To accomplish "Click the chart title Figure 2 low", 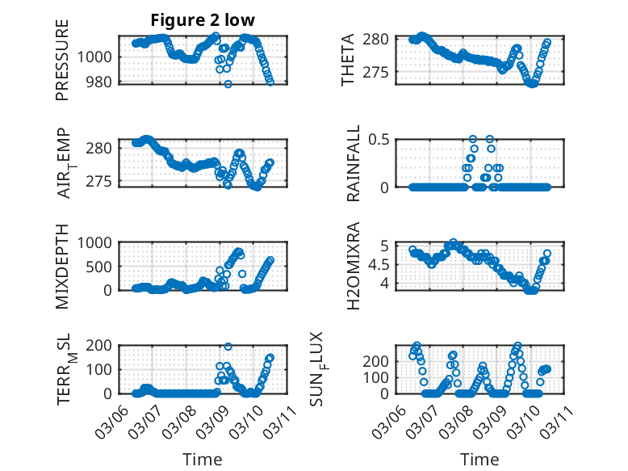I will (203, 20).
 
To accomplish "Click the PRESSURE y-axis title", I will (62, 60).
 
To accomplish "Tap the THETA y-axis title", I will (348, 60).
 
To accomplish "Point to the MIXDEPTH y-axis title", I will (62, 266).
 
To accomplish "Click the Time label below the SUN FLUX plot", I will (479, 459).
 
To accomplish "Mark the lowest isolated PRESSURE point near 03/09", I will (228, 84).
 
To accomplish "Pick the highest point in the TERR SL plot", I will (228, 347).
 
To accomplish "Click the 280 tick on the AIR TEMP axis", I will (103, 148).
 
